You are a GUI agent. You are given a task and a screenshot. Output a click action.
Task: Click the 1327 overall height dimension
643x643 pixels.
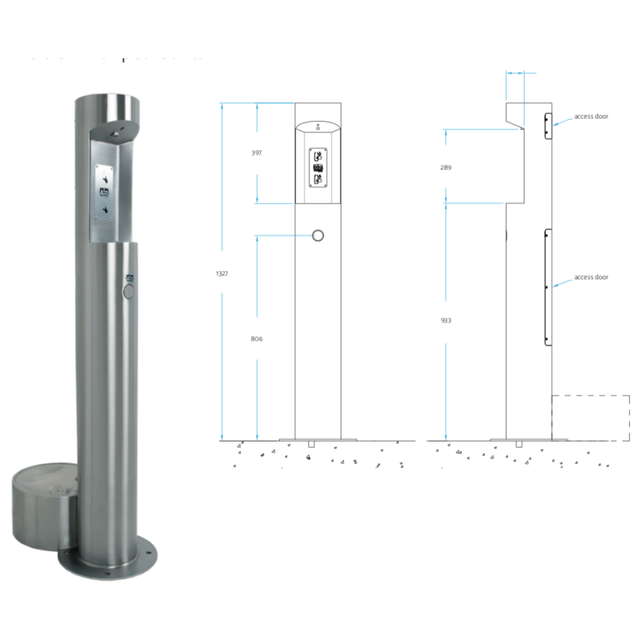pos(222,273)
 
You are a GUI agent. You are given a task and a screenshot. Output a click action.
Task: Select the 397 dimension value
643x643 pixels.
pos(256,153)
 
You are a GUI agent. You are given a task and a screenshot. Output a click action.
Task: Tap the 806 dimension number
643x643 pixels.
pos(256,339)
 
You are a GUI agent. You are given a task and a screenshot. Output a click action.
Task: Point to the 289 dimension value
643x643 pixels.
pos(446,167)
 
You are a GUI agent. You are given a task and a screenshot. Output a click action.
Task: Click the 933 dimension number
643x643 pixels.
pos(446,321)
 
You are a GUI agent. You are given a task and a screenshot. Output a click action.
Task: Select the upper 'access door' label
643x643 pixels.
pos(591,116)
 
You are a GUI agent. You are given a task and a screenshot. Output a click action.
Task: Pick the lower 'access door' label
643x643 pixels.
pos(591,277)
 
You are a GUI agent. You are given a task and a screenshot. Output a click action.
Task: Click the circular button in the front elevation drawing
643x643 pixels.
pos(318,236)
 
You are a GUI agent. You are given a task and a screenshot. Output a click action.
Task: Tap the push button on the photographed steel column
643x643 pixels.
pos(128,292)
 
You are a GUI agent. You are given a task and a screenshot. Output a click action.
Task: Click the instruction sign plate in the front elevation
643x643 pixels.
pos(318,167)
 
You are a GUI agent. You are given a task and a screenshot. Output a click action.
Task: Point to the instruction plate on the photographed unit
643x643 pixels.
pos(104,192)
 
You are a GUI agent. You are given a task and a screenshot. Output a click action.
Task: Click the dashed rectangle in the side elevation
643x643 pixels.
pos(591,418)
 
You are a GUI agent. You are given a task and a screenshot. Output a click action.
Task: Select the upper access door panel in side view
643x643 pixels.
pos(548,126)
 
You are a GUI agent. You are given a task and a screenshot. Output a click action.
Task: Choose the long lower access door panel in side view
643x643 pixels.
pos(548,287)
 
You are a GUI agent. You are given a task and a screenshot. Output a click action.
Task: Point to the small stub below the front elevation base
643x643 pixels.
pos(311,444)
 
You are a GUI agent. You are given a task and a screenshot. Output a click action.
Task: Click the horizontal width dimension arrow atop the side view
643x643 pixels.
pos(515,73)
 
